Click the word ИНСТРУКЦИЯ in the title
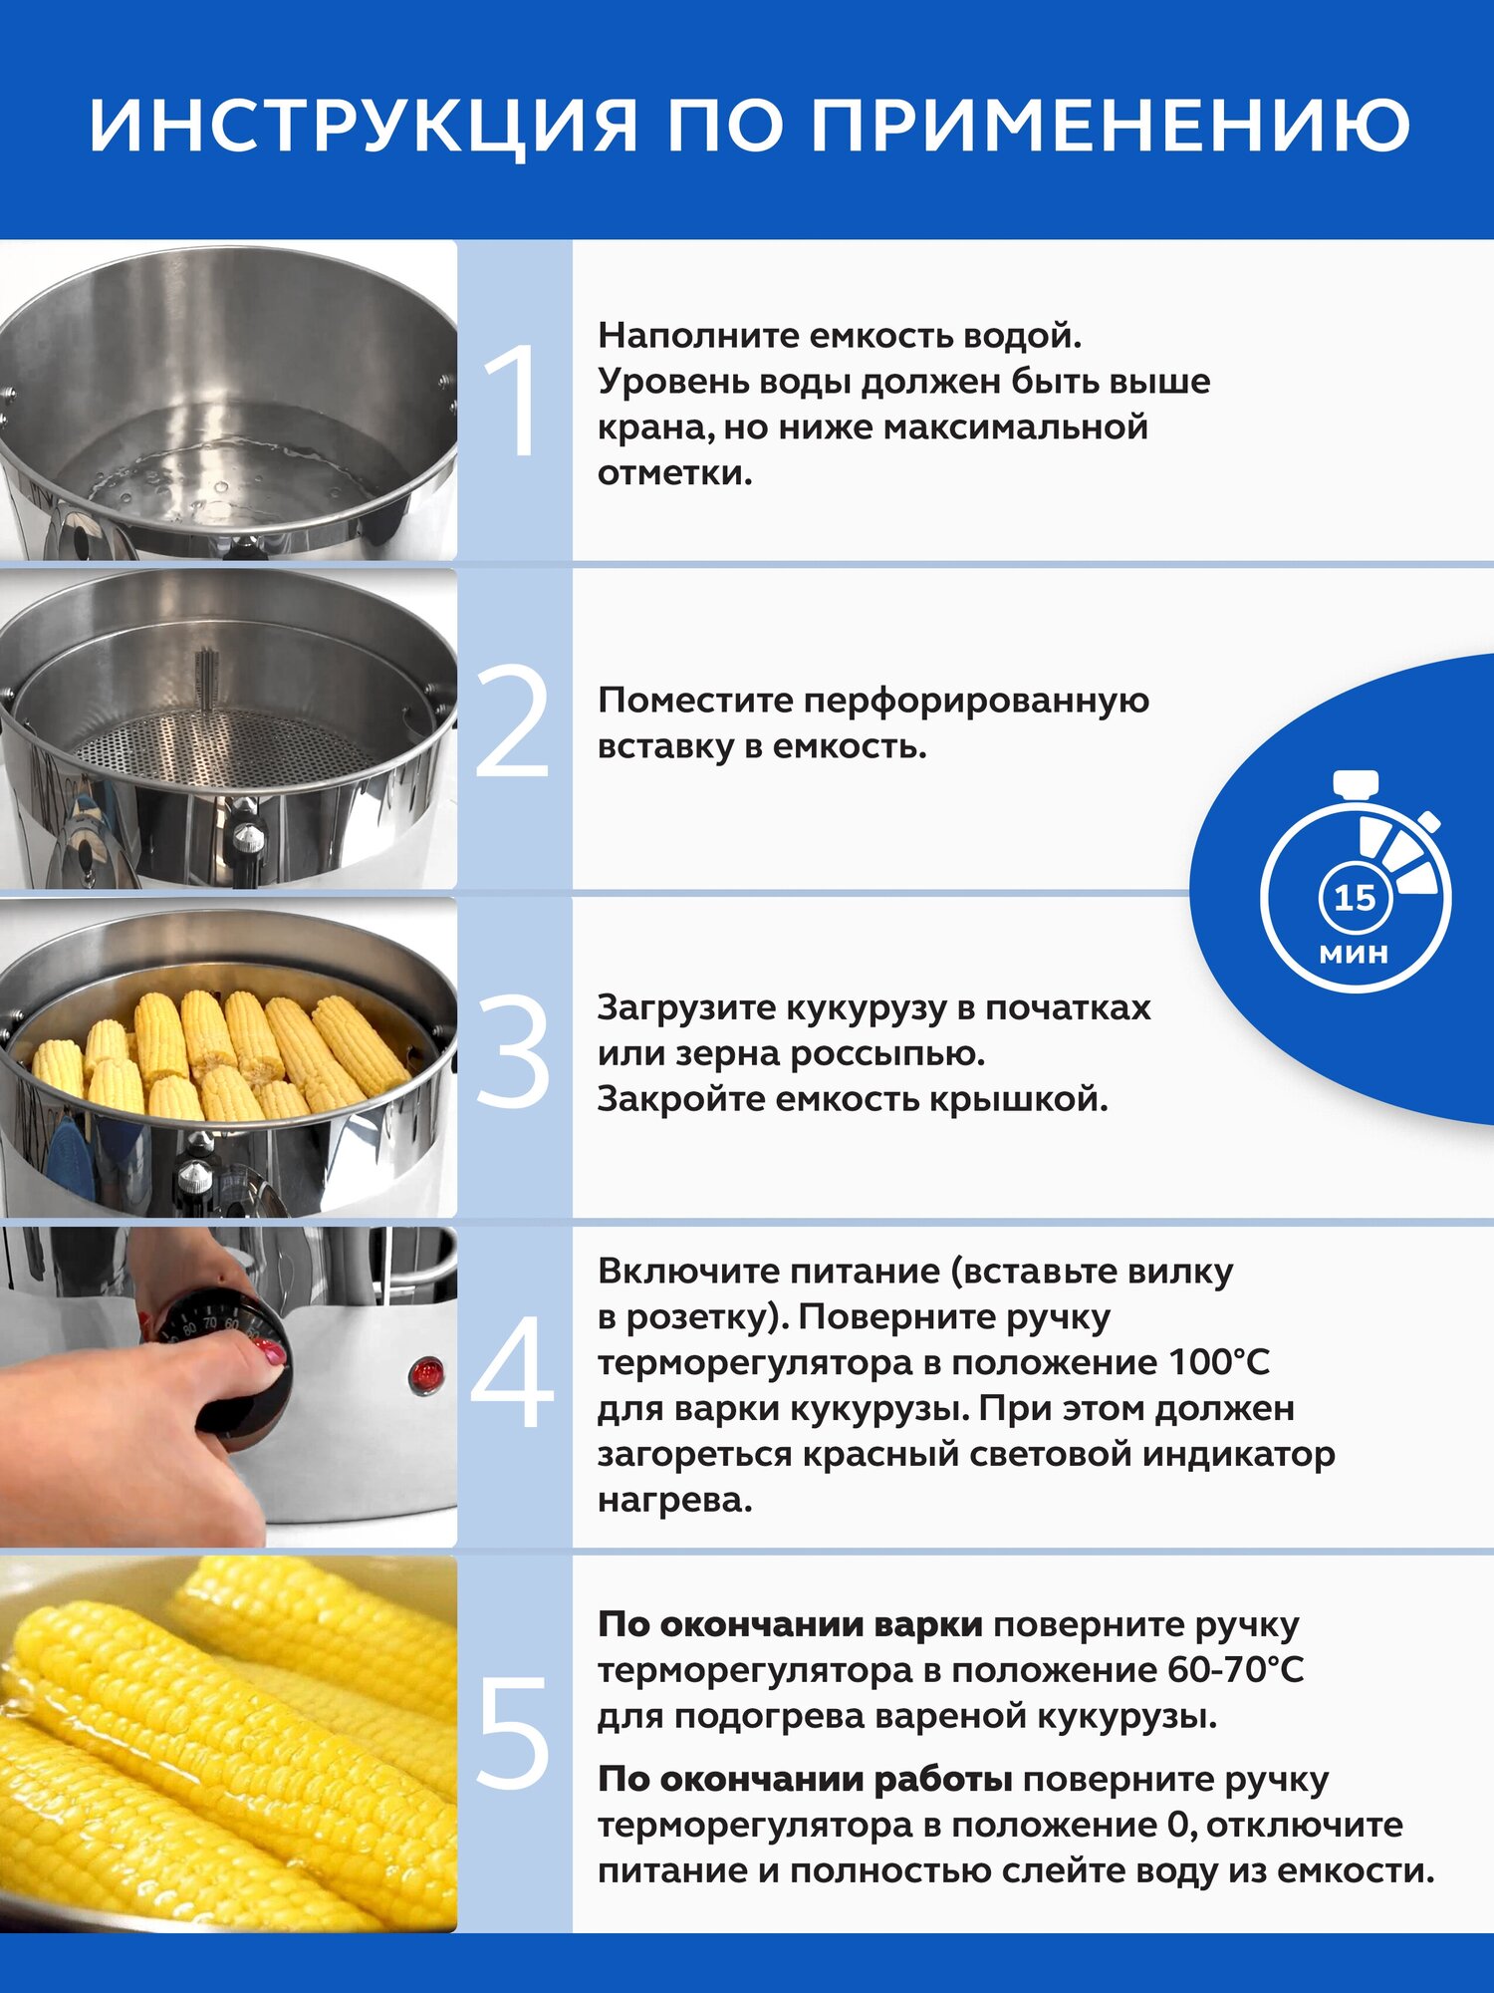tap(363, 126)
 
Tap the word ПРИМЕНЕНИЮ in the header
tap(1110, 126)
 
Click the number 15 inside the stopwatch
tap(1355, 898)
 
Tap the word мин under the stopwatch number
tap(1354, 954)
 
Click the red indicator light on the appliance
tap(426, 1375)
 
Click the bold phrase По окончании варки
tap(790, 1624)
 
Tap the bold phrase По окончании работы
tap(805, 1779)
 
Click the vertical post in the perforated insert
tap(206, 683)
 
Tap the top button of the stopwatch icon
tap(1356, 782)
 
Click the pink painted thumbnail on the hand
tap(271, 1352)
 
